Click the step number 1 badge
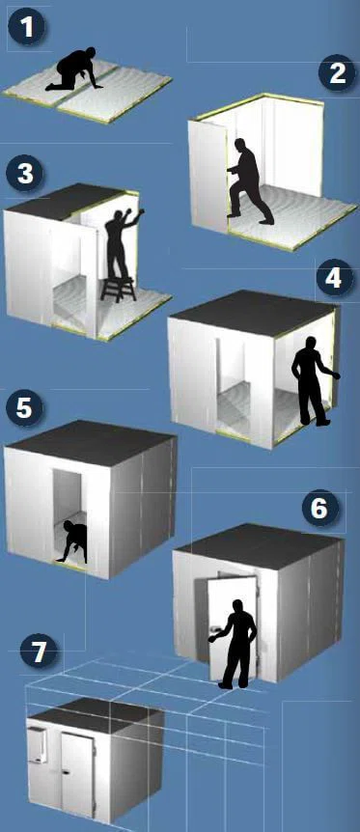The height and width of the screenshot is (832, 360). coord(27,28)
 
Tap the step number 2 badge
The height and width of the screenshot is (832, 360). coord(337,73)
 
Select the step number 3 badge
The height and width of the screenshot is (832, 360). coord(25,174)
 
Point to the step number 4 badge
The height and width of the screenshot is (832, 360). coord(333,279)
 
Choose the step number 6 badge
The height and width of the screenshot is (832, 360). coord(319,509)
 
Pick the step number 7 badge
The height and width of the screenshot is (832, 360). coord(39,652)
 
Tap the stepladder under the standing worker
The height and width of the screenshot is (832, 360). coord(119,289)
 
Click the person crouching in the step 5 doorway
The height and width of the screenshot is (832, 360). coord(72,541)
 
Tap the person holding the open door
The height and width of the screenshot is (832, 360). coord(235,644)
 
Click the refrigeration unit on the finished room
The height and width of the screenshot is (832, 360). coord(37,744)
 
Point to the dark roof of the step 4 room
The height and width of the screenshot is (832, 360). coord(252,313)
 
